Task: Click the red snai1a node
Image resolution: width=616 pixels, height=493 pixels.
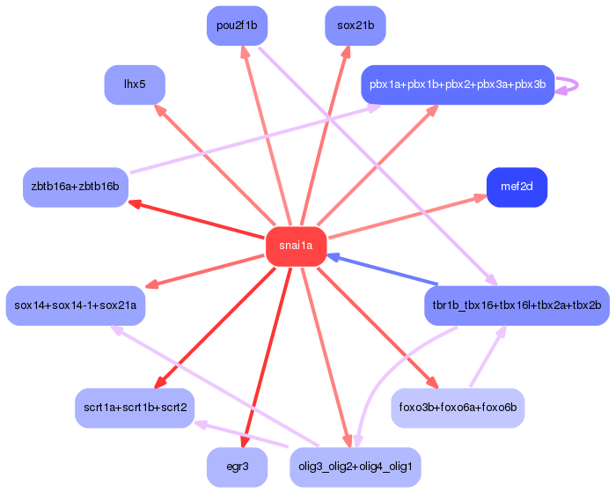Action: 296,246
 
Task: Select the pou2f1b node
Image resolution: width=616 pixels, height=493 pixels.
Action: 237,26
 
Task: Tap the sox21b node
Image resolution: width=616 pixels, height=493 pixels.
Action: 356,26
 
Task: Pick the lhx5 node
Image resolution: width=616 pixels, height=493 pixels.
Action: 135,85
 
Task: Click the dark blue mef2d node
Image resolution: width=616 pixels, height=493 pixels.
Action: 517,188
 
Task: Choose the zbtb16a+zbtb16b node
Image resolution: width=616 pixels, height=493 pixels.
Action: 76,188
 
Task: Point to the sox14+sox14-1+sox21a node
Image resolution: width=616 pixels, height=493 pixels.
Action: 76,305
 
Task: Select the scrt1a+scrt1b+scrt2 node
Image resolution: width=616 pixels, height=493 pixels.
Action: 134,408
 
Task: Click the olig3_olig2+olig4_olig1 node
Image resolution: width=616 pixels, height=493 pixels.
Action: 356,467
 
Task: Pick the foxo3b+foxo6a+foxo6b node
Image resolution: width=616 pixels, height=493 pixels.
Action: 458,408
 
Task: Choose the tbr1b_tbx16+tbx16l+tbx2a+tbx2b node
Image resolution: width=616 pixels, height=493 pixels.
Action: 517,305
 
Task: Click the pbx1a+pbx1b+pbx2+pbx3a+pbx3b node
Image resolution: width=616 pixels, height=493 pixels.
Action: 458,85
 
